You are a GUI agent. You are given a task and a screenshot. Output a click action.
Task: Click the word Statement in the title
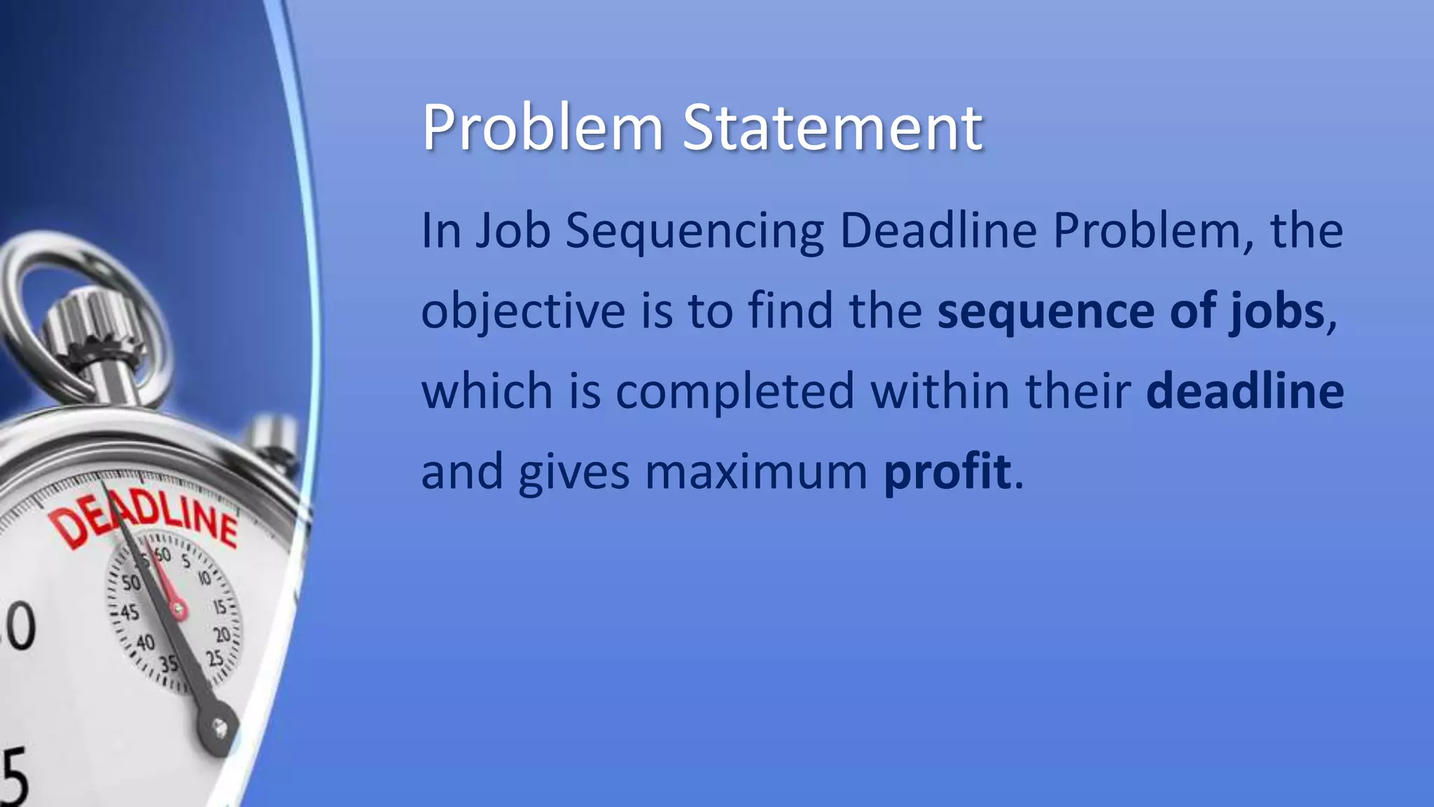833,128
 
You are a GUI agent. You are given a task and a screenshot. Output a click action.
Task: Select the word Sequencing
695,232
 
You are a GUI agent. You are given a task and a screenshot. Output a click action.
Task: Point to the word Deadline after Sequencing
938,230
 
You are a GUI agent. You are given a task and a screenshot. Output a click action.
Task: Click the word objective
523,312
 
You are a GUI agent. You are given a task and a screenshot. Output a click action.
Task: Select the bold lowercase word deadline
1244,391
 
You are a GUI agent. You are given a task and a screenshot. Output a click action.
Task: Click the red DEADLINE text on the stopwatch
143,519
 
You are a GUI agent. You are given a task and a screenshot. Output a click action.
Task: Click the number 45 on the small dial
129,612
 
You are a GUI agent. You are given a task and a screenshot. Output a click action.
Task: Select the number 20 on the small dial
222,635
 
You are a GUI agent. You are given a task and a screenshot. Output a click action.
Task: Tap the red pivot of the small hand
179,609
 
